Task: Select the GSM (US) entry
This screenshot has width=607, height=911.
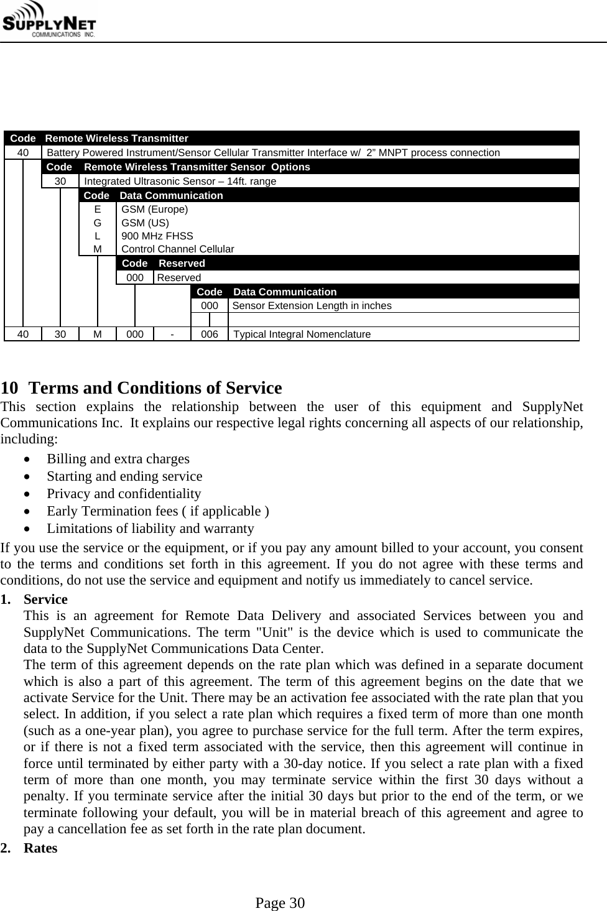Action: [x=144, y=223]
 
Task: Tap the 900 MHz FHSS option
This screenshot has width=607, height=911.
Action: [x=157, y=236]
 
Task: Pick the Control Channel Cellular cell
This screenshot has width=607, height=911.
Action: [x=177, y=249]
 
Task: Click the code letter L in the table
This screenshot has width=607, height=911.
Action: [x=97, y=236]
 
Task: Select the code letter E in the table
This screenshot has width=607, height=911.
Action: [x=97, y=209]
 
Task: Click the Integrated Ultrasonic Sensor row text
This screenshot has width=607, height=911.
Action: [x=180, y=181]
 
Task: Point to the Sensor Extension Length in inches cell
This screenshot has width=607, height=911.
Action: [x=312, y=305]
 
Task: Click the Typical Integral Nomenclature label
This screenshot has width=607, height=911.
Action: [x=302, y=334]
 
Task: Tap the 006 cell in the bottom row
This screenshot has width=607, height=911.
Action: [x=210, y=334]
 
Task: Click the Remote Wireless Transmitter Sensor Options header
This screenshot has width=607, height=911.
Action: [x=197, y=167]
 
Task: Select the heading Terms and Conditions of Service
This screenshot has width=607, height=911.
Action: [x=155, y=388]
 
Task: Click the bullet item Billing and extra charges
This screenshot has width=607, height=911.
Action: [x=118, y=459]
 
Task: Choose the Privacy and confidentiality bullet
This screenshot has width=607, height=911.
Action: [x=124, y=494]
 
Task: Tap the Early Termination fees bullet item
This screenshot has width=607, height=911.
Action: [x=158, y=511]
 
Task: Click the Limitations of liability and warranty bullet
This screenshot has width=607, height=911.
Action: [x=151, y=529]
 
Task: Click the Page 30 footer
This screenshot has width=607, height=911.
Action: [x=280, y=903]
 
